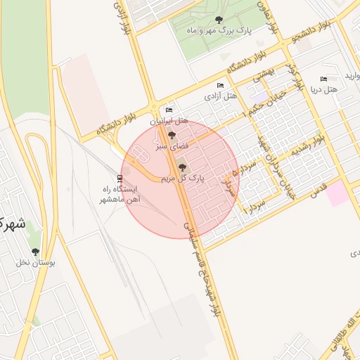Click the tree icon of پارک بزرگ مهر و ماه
(219, 20)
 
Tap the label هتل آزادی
(220, 94)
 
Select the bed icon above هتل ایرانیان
(168, 110)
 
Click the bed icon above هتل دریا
(323, 79)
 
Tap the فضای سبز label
(172, 146)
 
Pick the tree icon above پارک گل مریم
(183, 167)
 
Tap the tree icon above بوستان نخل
(35, 252)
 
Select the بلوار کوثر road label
(294, 74)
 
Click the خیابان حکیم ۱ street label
(264, 102)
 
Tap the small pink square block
(338, 193)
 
